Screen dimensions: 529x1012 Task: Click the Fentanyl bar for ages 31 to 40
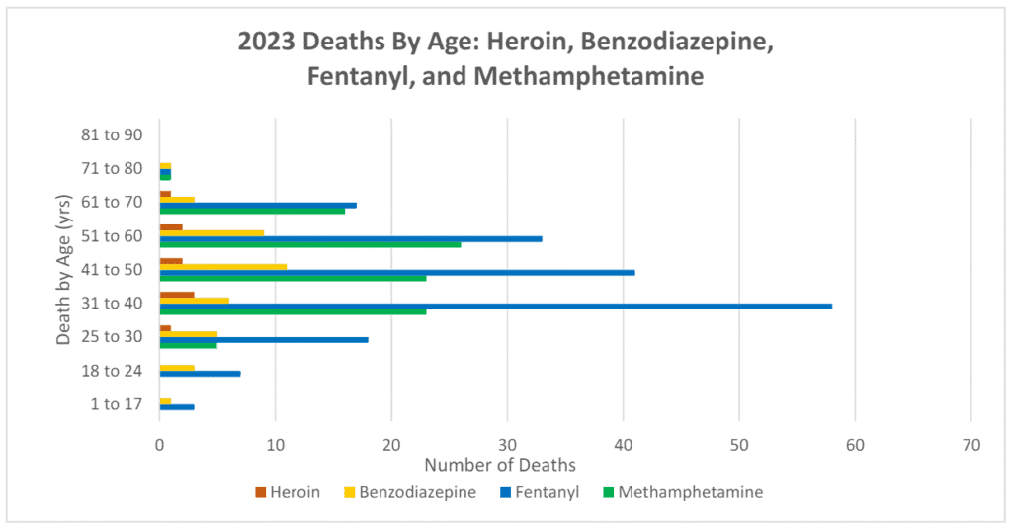coord(495,307)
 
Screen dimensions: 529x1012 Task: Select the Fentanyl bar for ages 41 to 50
coord(396,272)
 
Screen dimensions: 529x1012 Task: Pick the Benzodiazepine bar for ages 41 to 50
coord(222,266)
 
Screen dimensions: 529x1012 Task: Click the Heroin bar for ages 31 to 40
coord(177,295)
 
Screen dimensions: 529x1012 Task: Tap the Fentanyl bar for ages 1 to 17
coord(177,407)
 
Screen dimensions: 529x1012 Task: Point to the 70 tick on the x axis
coord(970,446)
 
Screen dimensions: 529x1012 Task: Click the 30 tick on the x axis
coord(507,446)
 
